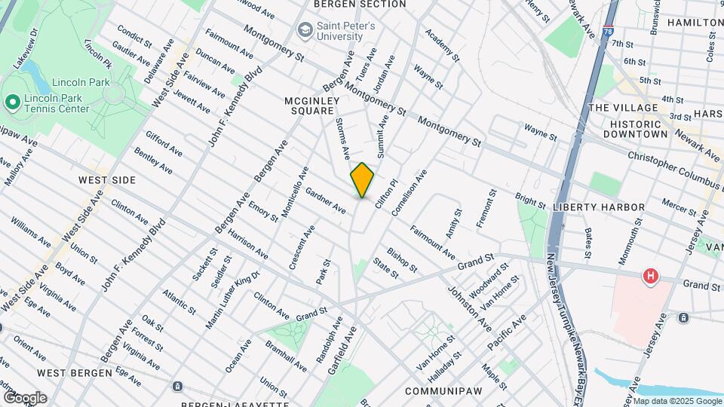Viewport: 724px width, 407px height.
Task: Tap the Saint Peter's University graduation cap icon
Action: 305,30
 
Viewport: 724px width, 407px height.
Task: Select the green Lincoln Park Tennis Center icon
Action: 11,102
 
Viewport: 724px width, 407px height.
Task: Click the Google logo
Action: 24,397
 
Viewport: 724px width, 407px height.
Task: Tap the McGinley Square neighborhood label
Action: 309,106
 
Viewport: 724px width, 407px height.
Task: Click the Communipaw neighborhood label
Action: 439,391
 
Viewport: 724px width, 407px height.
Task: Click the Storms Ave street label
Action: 343,139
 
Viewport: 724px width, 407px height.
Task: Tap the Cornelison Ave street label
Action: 416,187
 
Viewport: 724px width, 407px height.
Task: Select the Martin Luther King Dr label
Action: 232,299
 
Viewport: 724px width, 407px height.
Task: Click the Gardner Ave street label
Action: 326,200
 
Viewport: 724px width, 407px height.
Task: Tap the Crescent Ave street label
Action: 302,246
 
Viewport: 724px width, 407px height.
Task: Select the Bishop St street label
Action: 402,259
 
